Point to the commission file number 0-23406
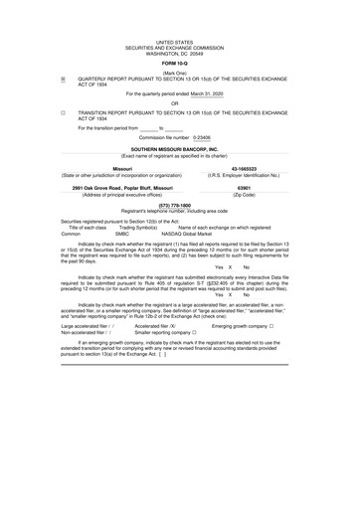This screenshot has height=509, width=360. (205, 137)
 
